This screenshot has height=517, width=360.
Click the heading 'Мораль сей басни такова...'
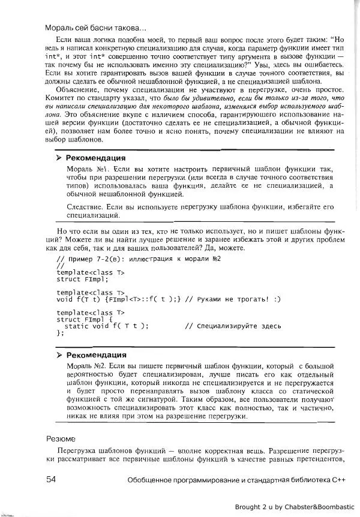tap(92, 28)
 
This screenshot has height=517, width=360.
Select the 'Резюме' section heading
tap(61, 438)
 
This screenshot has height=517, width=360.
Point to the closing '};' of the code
tap(60, 334)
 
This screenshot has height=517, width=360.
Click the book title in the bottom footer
tap(238, 480)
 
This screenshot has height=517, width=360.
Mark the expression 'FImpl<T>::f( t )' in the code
tap(141, 299)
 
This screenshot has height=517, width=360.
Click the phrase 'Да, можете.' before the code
tap(224, 248)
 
